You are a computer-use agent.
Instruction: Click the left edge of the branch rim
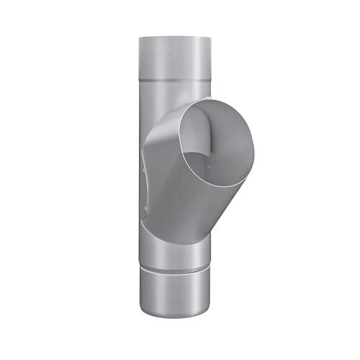180,137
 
